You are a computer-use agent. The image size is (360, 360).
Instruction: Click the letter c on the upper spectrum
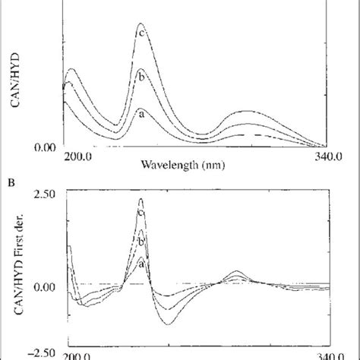coord(141,31)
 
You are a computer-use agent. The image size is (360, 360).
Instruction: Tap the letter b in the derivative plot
coord(141,241)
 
